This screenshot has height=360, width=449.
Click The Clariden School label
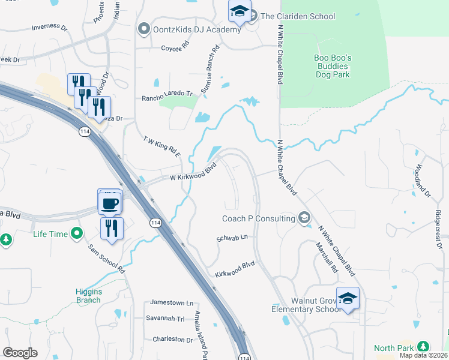(x=298, y=16)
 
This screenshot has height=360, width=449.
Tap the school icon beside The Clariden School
(x=239, y=11)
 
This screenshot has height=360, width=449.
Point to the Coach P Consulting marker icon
(x=304, y=218)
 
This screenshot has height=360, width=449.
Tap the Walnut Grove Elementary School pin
(x=348, y=298)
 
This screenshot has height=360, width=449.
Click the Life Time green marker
(x=77, y=233)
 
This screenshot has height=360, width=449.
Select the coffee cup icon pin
(x=110, y=202)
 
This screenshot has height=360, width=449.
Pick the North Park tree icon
(x=423, y=347)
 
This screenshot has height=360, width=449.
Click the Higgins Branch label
(x=88, y=296)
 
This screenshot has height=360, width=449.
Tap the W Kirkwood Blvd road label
(x=192, y=174)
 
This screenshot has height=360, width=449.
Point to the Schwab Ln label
(x=232, y=238)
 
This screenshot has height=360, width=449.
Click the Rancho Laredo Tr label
(x=167, y=96)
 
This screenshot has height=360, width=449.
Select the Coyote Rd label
(x=175, y=48)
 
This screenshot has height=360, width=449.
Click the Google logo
(x=20, y=352)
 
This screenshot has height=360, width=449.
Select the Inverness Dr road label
(x=49, y=27)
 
